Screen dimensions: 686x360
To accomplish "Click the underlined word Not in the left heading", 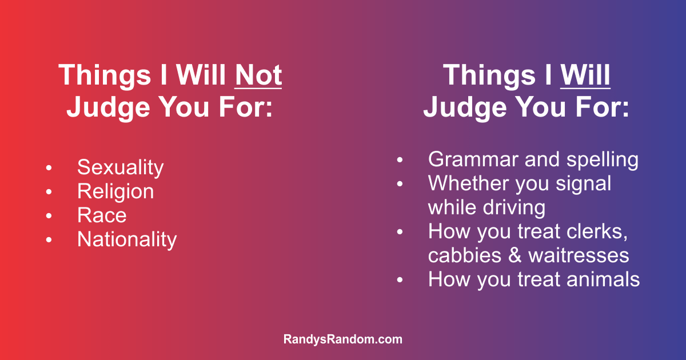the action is click(x=258, y=75).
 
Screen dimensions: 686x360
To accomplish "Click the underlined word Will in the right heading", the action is click(x=585, y=75).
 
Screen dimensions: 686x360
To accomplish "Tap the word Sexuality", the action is click(x=121, y=168).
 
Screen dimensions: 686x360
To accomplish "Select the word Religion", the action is click(x=115, y=191).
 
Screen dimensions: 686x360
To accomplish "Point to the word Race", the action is click(x=102, y=215).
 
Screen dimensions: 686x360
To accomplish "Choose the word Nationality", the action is click(x=127, y=239).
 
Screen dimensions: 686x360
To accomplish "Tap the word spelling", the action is click(x=603, y=160).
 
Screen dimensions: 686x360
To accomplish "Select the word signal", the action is click(x=584, y=183).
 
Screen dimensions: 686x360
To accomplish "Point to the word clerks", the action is click(x=597, y=232).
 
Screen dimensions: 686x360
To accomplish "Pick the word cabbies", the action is click(x=465, y=255).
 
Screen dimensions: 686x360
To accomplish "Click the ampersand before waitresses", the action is click(x=515, y=255).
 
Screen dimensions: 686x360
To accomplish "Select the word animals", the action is click(x=603, y=279).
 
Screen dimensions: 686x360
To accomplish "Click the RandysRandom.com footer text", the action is click(x=342, y=339).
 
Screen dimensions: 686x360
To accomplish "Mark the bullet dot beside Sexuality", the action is click(x=49, y=168).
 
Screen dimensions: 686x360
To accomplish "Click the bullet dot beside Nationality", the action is click(x=49, y=239).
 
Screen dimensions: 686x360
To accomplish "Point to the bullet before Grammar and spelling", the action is click(x=400, y=160).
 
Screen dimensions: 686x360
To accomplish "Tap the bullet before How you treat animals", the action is click(x=400, y=280).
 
